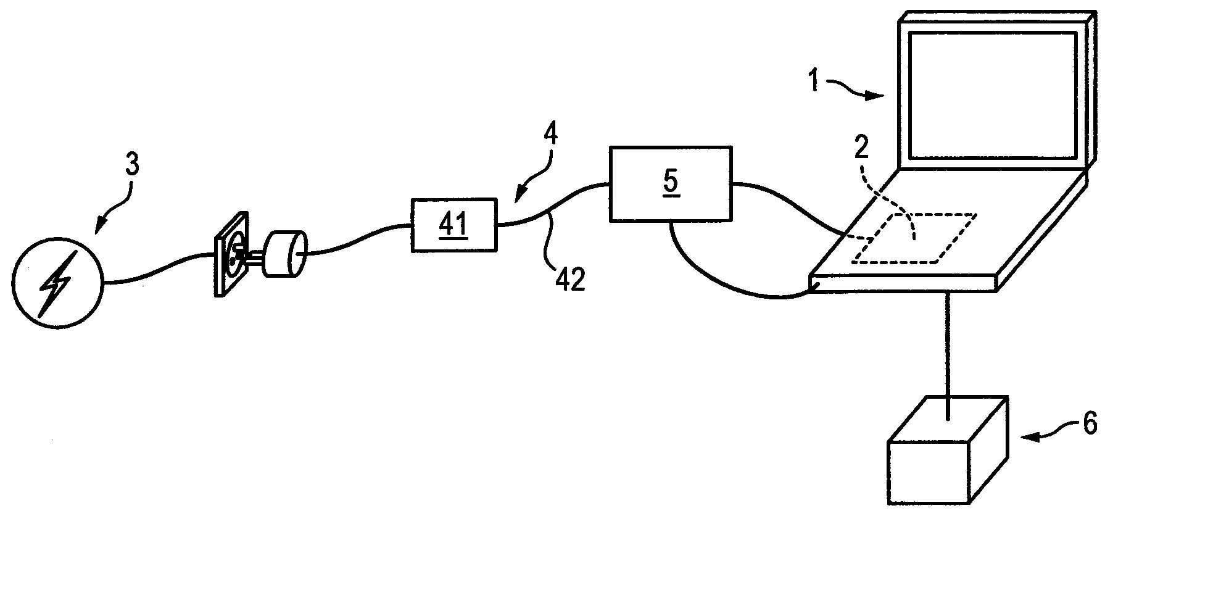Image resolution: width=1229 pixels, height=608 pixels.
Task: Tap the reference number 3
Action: point(132,165)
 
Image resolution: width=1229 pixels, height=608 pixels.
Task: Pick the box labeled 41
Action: point(454,225)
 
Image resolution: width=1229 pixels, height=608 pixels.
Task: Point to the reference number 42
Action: point(569,280)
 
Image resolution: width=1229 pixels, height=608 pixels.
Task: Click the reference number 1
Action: point(814,81)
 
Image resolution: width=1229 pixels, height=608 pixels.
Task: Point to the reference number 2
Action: point(861,148)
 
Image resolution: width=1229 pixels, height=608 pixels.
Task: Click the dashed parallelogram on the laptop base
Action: point(914,238)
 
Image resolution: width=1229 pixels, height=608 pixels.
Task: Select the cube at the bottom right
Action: point(948,450)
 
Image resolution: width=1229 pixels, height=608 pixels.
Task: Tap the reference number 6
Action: point(1090,425)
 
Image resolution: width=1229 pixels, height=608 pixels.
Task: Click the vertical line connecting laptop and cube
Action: point(948,357)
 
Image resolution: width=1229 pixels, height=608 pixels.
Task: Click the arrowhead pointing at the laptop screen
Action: point(879,96)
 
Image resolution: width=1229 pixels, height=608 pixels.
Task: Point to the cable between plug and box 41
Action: point(358,240)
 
